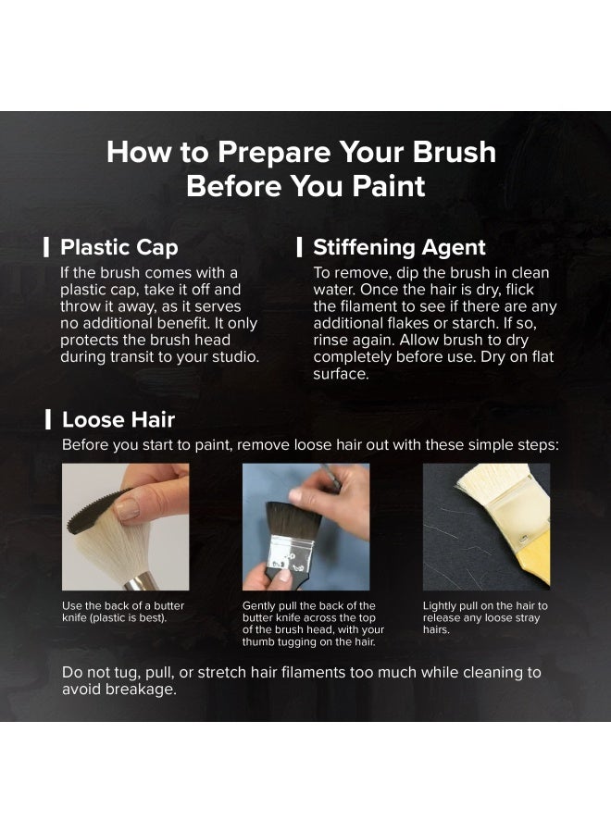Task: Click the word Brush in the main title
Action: [455, 152]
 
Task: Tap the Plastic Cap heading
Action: [119, 247]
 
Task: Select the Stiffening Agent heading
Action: [399, 247]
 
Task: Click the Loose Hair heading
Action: [118, 419]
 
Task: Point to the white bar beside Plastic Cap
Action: [47, 247]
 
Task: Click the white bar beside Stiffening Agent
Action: [300, 247]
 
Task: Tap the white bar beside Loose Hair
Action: [48, 419]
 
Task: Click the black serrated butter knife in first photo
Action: [93, 513]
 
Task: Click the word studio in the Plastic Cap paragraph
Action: [234, 357]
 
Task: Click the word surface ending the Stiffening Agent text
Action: [341, 374]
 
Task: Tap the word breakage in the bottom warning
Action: [141, 690]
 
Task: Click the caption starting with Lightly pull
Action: [485, 617]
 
